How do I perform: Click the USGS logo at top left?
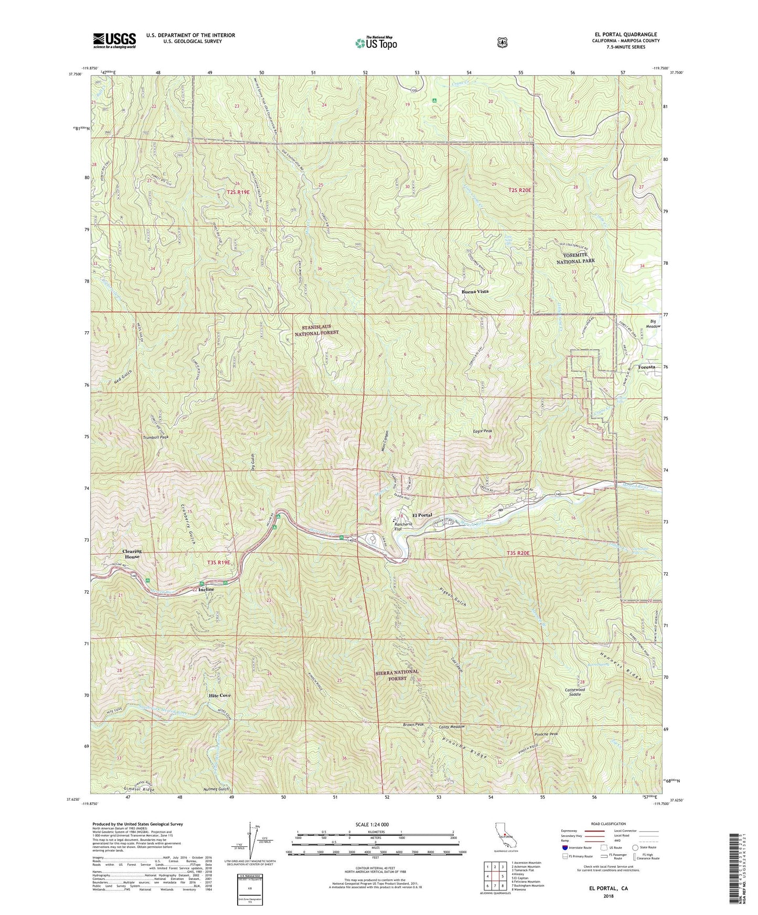[114, 40]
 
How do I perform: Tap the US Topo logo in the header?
[375, 43]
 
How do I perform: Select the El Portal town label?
[422, 515]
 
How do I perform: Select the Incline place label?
[206, 589]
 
